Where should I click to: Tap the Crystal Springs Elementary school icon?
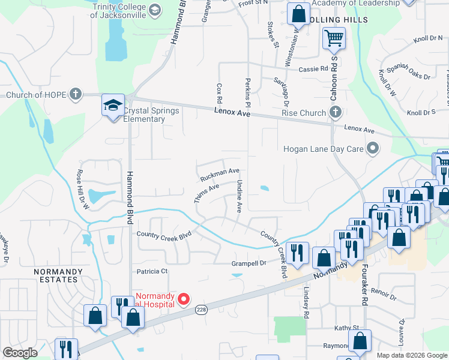pyautogui.click(x=112, y=106)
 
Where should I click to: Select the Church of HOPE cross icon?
pyautogui.click(x=75, y=94)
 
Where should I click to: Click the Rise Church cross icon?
pyautogui.click(x=336, y=112)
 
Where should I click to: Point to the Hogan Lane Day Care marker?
pyautogui.click(x=373, y=148)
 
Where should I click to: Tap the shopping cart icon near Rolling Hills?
pyautogui.click(x=334, y=39)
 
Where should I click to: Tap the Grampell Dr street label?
pyautogui.click(x=249, y=263)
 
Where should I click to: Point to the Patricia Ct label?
pyautogui.click(x=152, y=271)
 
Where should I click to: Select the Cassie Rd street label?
pyautogui.click(x=313, y=70)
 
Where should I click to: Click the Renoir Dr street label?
pyautogui.click(x=384, y=293)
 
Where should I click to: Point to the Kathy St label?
pyautogui.click(x=347, y=328)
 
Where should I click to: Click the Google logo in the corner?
pyautogui.click(x=20, y=353)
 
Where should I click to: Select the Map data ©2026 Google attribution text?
pyautogui.click(x=412, y=355)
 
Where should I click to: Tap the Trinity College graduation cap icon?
pyautogui.click(x=154, y=10)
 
